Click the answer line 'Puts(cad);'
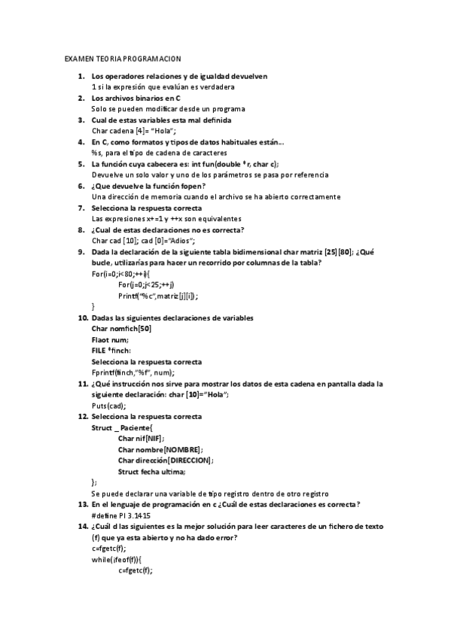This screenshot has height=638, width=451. (x=108, y=406)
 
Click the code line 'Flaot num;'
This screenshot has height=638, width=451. (x=110, y=339)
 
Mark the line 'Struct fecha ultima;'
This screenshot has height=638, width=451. (x=151, y=471)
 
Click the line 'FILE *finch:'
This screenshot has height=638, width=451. (x=111, y=351)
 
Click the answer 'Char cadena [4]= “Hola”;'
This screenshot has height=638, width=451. (x=133, y=131)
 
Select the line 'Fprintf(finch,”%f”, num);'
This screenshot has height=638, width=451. (x=133, y=372)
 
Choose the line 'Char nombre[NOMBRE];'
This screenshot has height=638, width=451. (x=160, y=449)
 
